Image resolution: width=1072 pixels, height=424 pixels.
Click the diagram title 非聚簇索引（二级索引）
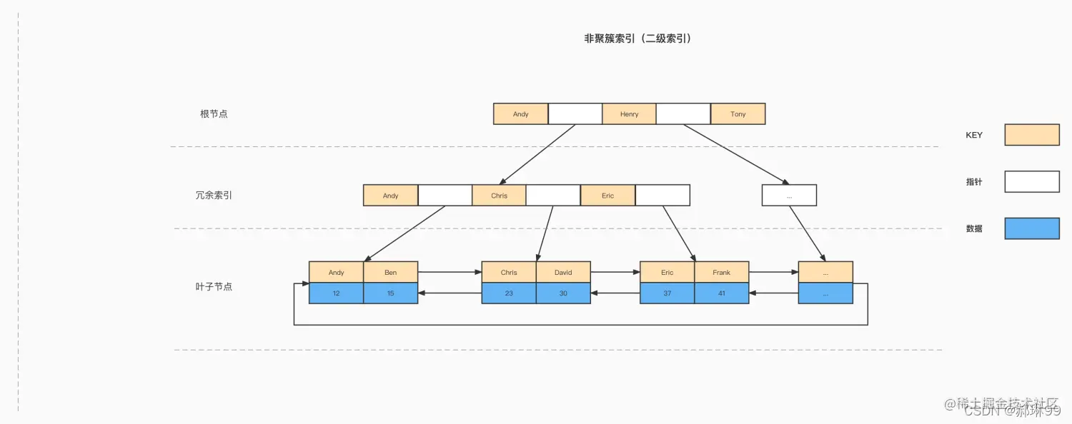click(637, 39)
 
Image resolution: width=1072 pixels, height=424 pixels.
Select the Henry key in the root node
click(629, 114)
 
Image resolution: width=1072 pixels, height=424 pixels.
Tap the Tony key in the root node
click(738, 114)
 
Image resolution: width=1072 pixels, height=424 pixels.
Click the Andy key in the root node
click(520, 114)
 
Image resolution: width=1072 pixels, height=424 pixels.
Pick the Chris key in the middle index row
click(499, 196)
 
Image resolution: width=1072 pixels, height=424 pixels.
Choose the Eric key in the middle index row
click(607, 196)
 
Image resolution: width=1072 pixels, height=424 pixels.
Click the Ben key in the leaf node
click(390, 273)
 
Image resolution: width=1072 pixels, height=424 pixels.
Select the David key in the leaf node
click(563, 273)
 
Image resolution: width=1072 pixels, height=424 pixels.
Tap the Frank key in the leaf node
click(722, 273)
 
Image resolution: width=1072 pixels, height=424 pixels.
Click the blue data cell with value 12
click(336, 293)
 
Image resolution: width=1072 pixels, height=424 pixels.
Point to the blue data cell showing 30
click(563, 293)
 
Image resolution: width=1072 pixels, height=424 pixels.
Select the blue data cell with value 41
click(722, 293)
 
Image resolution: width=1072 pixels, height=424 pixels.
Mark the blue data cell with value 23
click(509, 293)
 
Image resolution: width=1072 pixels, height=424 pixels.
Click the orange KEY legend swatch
click(1031, 135)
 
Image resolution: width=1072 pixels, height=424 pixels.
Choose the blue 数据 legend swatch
click(1031, 228)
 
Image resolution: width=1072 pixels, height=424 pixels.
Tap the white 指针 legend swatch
click(1031, 182)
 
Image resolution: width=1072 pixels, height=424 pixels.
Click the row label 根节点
click(214, 114)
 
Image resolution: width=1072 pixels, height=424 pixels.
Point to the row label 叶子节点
click(214, 287)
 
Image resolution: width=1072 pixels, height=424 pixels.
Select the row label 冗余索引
click(214, 196)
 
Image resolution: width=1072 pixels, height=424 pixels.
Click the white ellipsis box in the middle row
click(789, 196)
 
